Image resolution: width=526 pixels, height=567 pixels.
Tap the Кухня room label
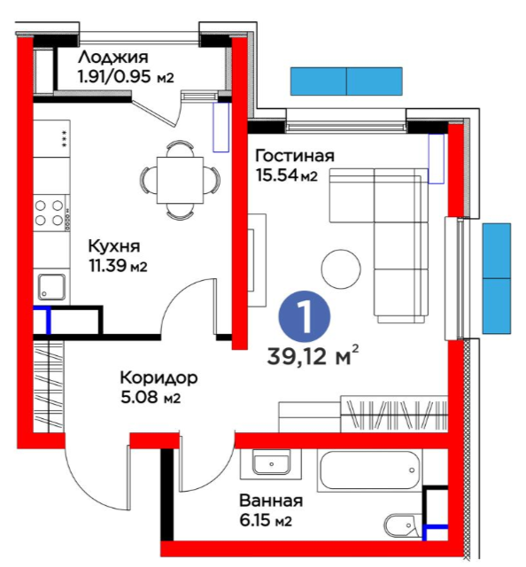[114, 246]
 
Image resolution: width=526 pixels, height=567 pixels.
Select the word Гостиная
[295, 156]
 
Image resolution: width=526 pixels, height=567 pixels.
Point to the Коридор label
[159, 378]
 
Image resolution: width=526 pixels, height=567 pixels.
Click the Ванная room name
[271, 501]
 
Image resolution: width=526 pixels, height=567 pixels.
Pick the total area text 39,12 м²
[313, 356]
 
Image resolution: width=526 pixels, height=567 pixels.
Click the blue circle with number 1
[304, 317]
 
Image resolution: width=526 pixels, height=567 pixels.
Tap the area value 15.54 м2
[286, 175]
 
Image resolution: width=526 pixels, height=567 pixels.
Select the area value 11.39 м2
[118, 267]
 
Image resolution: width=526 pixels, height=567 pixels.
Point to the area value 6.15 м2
[266, 521]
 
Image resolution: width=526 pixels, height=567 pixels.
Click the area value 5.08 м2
[151, 398]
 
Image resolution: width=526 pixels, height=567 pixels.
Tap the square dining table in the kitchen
[180, 180]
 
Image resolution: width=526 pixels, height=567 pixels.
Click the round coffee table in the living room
[341, 269]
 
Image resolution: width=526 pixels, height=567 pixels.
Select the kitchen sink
[52, 287]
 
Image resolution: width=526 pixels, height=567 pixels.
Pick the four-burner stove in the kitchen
[51, 213]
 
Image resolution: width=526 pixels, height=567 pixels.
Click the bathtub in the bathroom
[369, 470]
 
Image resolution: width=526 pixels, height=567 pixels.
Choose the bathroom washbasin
[271, 464]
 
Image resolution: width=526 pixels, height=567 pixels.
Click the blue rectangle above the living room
[346, 82]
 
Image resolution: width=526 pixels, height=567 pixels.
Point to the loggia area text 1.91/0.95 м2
[126, 77]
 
